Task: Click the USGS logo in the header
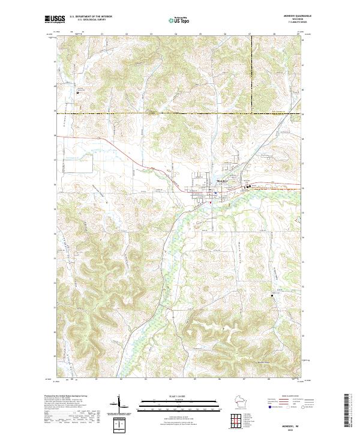pos(55,20)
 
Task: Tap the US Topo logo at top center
pos(179,20)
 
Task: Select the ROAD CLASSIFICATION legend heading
pos(292,397)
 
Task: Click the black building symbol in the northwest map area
pos(78,92)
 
